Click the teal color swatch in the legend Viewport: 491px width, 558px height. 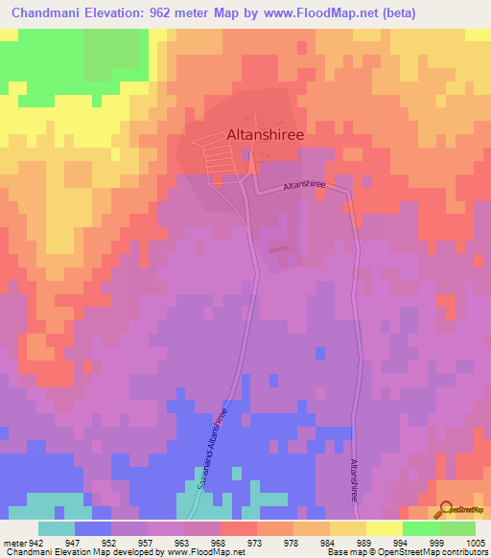point(57,528)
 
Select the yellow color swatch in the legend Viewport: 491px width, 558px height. point(384,528)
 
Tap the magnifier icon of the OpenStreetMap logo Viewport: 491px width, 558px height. point(445,509)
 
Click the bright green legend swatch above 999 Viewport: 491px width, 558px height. point(420,528)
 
